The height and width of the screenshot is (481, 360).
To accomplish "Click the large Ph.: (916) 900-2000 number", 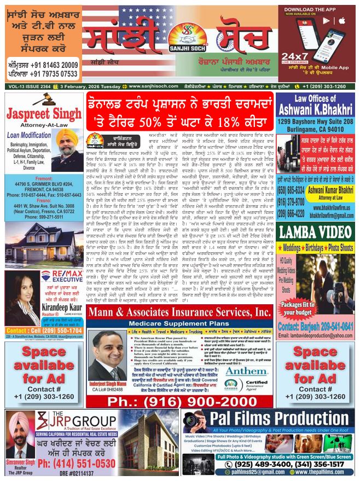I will pos(181,400).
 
